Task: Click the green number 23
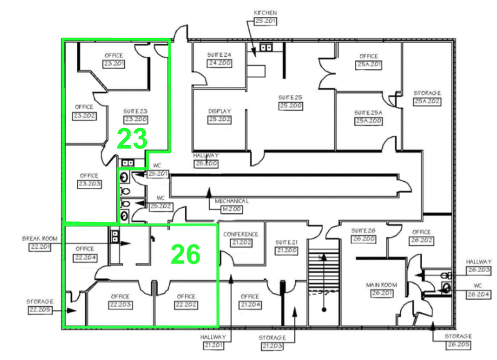tap(132, 138)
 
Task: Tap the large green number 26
tap(185, 254)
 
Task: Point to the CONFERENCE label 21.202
tap(241, 242)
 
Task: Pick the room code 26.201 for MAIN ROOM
tap(381, 292)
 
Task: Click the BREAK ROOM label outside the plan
tap(40, 239)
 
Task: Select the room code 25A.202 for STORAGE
tap(427, 101)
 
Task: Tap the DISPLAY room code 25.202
tap(220, 120)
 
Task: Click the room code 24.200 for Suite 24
tap(219, 63)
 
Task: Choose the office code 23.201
tap(114, 63)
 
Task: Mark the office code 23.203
tap(89, 184)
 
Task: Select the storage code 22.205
tap(40, 309)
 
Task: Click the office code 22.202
tap(186, 304)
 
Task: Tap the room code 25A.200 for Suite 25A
tap(368, 121)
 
